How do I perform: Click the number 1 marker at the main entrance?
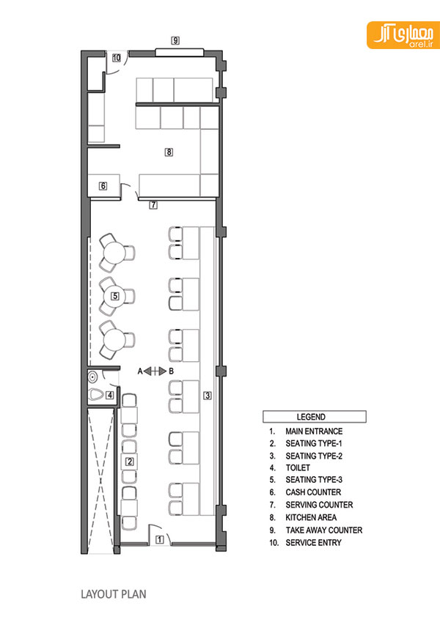pyautogui.click(x=159, y=539)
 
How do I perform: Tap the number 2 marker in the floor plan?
pyautogui.click(x=130, y=462)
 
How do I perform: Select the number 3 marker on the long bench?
pyautogui.click(x=208, y=396)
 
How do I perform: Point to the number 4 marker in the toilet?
pyautogui.click(x=109, y=395)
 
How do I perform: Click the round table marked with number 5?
pyautogui.click(x=114, y=296)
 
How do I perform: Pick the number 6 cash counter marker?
pyautogui.click(x=103, y=185)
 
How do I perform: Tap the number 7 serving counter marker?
pyautogui.click(x=153, y=205)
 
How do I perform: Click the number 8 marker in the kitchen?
pyautogui.click(x=169, y=152)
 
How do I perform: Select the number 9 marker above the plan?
pyautogui.click(x=175, y=40)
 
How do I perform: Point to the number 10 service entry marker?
pyautogui.click(x=117, y=58)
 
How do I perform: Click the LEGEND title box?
pyautogui.click(x=314, y=417)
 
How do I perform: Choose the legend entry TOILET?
pyautogui.click(x=298, y=468)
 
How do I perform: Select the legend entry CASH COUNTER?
pyautogui.click(x=313, y=492)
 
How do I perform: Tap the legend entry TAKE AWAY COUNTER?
pyautogui.click(x=323, y=530)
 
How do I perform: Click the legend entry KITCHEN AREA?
pyautogui.click(x=311, y=518)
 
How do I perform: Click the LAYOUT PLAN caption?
pyautogui.click(x=114, y=594)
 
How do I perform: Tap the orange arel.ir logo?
pyautogui.click(x=403, y=35)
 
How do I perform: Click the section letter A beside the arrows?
pyautogui.click(x=140, y=371)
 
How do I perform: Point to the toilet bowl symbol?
pyautogui.click(x=96, y=395)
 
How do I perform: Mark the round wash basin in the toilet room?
pyautogui.click(x=93, y=376)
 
